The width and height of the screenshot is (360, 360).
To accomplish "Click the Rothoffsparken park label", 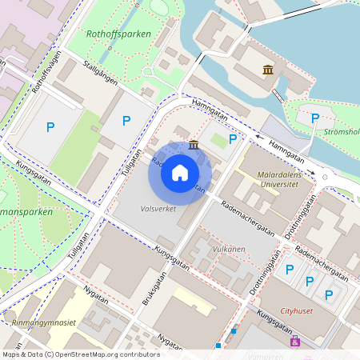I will tap(121, 35).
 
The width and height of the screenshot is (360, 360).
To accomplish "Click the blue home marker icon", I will tap(180, 173).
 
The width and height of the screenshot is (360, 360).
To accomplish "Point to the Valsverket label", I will tap(158, 208).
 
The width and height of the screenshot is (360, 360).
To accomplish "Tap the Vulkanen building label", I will tap(228, 250).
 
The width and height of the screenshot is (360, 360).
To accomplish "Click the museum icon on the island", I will tap(268, 70).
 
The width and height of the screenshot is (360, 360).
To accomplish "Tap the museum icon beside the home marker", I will tap(194, 144).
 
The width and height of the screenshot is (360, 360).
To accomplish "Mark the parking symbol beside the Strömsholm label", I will tap(314, 118).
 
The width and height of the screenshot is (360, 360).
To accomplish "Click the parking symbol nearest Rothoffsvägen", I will tap(50, 126).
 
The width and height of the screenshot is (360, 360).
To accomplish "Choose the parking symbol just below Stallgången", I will tap(126, 121).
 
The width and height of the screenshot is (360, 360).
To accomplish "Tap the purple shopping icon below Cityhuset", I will tap(295, 342).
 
